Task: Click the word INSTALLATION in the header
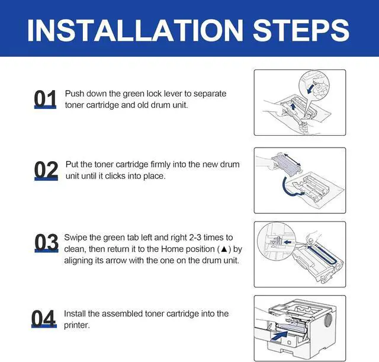coord(136,30)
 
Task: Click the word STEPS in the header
coord(301,30)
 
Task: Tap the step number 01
coord(45,99)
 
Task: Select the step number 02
coord(46,170)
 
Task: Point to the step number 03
coord(46,242)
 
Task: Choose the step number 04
coord(44,318)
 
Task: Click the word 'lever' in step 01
coord(173,94)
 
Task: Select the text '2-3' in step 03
coord(195,238)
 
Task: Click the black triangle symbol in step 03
coord(224,249)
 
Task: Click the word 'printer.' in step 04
coord(77,325)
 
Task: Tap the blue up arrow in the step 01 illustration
coord(293,107)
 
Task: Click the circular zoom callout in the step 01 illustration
coord(314,86)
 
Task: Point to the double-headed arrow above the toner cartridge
coord(292,160)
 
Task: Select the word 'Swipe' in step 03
coord(75,238)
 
